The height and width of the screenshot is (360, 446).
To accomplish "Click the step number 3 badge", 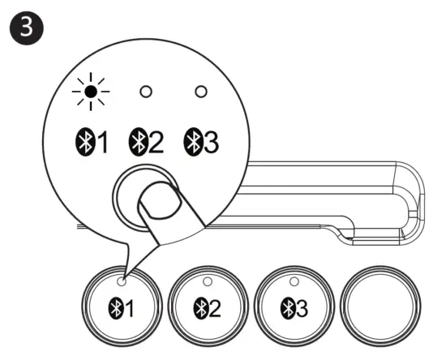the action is (27, 28).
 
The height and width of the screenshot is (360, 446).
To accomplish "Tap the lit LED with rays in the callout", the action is (91, 92).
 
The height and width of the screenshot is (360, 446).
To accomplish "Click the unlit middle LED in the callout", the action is (146, 92).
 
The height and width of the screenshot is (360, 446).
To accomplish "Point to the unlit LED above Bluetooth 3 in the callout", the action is (201, 92).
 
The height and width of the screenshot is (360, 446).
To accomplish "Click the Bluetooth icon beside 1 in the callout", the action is (85, 142).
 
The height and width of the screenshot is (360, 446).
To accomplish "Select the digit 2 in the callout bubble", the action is (156, 142).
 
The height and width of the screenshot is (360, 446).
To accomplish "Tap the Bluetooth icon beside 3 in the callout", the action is (194, 142).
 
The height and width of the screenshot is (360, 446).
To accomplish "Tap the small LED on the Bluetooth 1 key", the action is (122, 281).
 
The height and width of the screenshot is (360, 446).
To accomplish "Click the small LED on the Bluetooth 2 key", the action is (208, 281).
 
